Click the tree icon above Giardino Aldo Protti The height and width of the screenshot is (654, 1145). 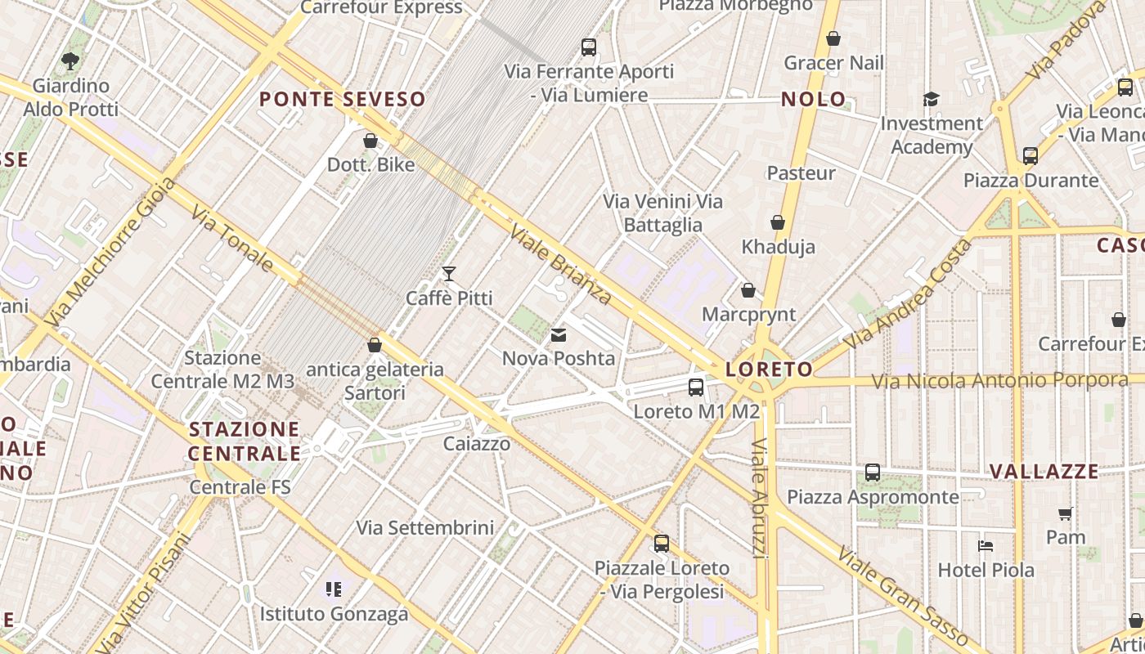[x=70, y=60]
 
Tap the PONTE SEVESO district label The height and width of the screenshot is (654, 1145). [x=343, y=100]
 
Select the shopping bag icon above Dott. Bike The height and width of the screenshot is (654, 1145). [x=370, y=141]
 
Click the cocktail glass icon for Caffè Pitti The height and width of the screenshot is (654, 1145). [x=448, y=273]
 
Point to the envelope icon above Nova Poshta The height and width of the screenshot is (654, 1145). [x=559, y=334]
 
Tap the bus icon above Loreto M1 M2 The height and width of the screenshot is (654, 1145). [x=696, y=387]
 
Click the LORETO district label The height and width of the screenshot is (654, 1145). [x=769, y=370]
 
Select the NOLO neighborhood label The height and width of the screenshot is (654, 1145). [x=814, y=100]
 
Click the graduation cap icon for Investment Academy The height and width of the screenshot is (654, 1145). [x=931, y=100]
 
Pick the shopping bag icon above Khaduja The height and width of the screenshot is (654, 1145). [x=778, y=222]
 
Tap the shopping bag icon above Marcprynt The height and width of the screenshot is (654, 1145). [x=748, y=290]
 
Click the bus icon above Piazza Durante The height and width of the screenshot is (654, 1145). [x=1030, y=155]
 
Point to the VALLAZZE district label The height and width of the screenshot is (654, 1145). [x=1044, y=472]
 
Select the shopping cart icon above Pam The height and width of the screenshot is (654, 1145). [x=1065, y=513]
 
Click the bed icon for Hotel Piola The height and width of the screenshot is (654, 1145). [x=986, y=546]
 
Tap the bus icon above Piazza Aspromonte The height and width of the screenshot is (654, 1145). [x=873, y=473]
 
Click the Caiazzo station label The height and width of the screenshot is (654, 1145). [x=477, y=444]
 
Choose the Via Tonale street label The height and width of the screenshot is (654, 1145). [x=232, y=239]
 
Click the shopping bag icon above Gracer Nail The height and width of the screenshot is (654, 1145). [x=833, y=38]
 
